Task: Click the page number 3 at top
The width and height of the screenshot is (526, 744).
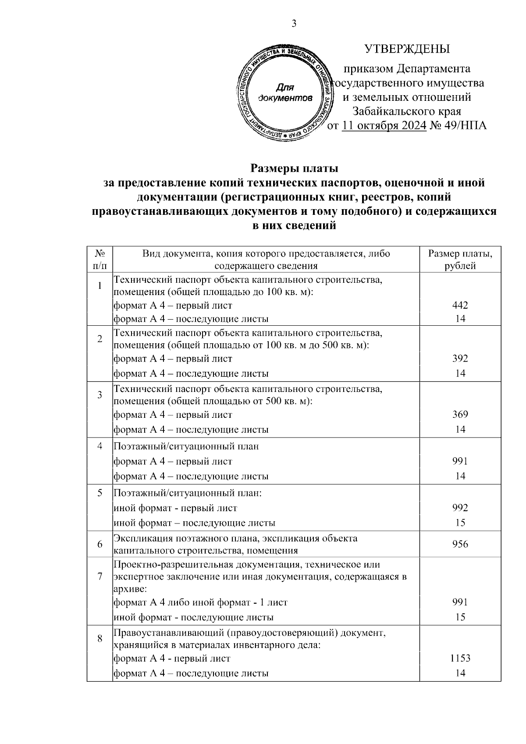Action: pyautogui.click(x=294, y=24)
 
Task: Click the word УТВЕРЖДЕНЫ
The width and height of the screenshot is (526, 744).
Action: pyautogui.click(x=407, y=49)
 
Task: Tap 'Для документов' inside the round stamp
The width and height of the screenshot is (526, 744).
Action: pyautogui.click(x=285, y=93)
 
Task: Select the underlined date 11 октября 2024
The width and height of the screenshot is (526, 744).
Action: pyautogui.click(x=384, y=126)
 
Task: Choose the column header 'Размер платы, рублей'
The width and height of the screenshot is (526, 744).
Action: pyautogui.click(x=460, y=260)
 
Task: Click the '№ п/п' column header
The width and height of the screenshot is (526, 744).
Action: pyautogui.click(x=100, y=260)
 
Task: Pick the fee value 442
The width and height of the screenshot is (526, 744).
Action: pyautogui.click(x=460, y=305)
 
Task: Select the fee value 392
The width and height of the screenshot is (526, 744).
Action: pyautogui.click(x=460, y=359)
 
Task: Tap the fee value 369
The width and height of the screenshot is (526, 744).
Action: pyautogui.click(x=460, y=414)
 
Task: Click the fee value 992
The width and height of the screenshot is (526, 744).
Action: pyautogui.click(x=460, y=508)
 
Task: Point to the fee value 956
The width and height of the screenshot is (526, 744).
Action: pyautogui.click(x=460, y=544)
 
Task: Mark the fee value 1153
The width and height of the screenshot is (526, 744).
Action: pyautogui.click(x=460, y=658)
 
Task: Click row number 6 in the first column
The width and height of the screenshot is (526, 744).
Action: pyautogui.click(x=100, y=544)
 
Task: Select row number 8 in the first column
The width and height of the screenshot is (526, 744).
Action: pyautogui.click(x=100, y=638)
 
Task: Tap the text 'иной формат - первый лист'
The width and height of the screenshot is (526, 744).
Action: pyautogui.click(x=175, y=508)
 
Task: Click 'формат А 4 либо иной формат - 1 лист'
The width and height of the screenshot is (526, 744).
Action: pyautogui.click(x=200, y=602)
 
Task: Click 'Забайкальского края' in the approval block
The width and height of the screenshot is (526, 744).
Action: pyautogui.click(x=407, y=111)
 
